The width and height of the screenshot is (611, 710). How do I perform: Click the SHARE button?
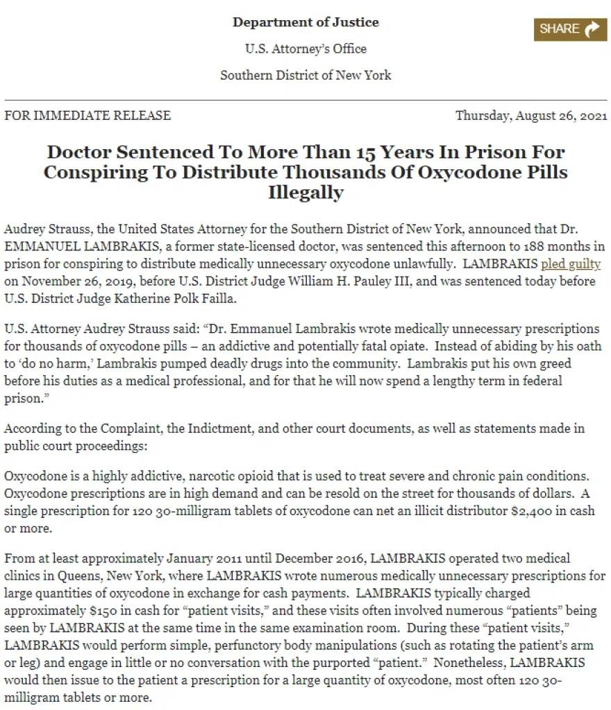(x=570, y=29)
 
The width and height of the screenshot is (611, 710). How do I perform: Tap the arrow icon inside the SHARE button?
(x=592, y=29)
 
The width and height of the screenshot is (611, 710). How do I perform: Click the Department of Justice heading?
(x=305, y=22)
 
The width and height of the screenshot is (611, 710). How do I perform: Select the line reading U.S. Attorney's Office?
(x=305, y=49)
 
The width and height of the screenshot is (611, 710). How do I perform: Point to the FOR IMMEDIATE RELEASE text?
(x=87, y=116)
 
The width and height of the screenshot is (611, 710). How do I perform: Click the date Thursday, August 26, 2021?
(x=531, y=116)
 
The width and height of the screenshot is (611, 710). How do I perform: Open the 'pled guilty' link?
(x=571, y=264)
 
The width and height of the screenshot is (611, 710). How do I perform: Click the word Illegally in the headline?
(x=305, y=193)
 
